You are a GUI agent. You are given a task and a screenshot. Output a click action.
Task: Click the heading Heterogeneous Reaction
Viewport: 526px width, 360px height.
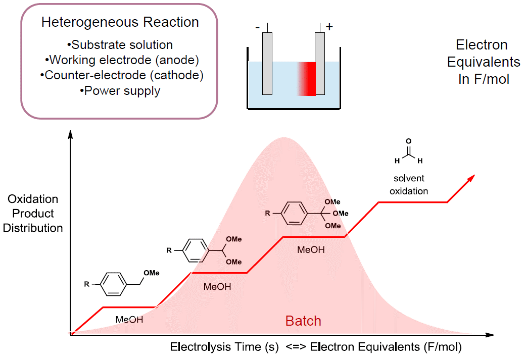[120, 23]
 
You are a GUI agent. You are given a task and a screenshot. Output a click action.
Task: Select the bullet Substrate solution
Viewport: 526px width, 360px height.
[120, 45]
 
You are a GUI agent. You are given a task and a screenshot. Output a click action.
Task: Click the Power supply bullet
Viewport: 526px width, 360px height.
[120, 91]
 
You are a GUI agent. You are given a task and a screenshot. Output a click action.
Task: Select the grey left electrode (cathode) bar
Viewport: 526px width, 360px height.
[267, 63]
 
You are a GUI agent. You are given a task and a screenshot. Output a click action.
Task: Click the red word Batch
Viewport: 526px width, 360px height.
[303, 321]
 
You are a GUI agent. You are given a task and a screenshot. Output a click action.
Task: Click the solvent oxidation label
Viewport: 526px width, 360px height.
[409, 185]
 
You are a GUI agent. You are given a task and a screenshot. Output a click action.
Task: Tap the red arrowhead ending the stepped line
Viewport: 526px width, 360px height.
[471, 176]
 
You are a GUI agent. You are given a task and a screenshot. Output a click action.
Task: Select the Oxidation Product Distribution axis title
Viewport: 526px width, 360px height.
[33, 214]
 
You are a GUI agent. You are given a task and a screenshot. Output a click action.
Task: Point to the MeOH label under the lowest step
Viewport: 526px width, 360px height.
[129, 320]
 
